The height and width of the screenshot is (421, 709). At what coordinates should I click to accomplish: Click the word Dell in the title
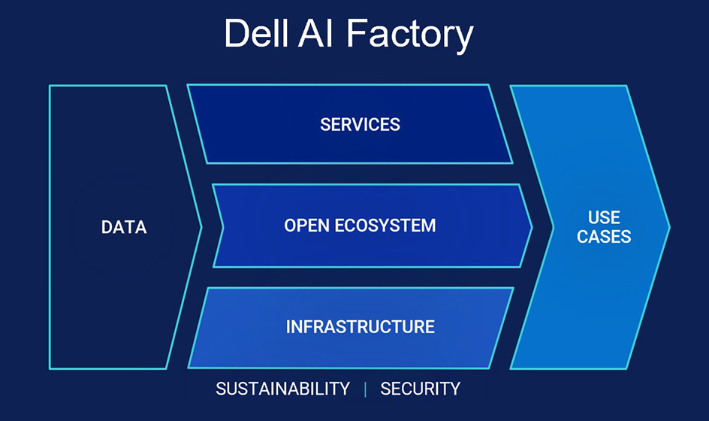(x=256, y=33)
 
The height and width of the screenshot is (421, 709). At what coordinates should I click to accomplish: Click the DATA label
(x=124, y=227)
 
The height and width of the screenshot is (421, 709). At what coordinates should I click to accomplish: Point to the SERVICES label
(x=360, y=124)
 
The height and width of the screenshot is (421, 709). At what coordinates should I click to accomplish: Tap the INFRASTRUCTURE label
(x=360, y=327)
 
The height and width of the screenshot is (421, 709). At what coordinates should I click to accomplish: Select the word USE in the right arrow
(x=604, y=217)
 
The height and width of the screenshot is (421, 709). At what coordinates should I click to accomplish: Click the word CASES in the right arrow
(x=604, y=237)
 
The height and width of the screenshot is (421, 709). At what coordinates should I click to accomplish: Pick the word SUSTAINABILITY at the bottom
(x=282, y=389)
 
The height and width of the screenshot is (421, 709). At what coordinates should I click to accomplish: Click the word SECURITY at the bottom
(x=420, y=389)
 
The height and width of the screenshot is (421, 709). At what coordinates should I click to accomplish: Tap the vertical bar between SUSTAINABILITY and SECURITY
(x=365, y=389)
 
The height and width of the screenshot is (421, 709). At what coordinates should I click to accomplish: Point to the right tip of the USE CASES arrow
(x=668, y=226)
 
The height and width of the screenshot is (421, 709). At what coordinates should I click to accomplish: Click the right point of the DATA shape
(x=201, y=226)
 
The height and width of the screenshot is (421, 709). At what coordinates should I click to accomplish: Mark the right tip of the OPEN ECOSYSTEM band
(x=531, y=226)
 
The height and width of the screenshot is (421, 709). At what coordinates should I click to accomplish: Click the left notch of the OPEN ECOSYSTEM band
(x=224, y=226)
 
